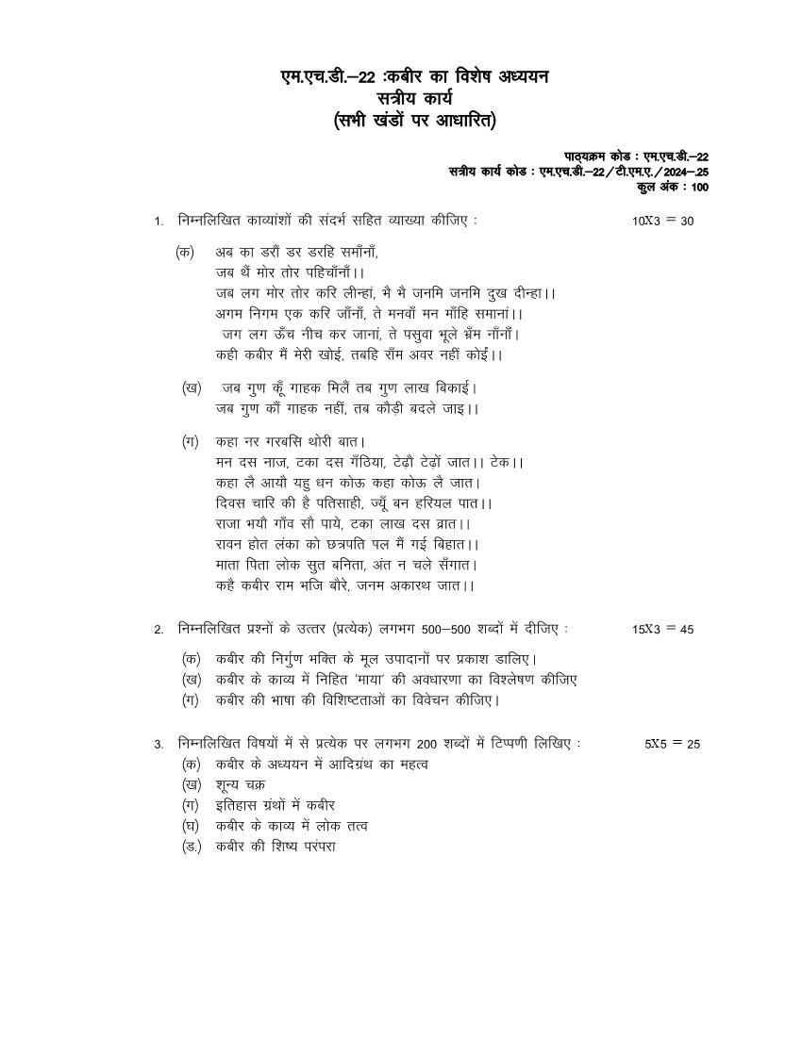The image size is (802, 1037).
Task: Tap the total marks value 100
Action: tap(699, 188)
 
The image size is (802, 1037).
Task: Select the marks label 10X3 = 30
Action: tap(662, 222)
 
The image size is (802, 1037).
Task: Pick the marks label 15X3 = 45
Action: tap(662, 630)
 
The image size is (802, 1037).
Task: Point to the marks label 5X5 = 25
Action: tap(672, 744)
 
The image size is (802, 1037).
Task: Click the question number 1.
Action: tap(159, 222)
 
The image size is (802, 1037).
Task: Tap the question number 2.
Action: tap(159, 630)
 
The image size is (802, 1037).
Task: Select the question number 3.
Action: tap(159, 744)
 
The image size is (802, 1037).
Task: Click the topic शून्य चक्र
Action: tap(241, 784)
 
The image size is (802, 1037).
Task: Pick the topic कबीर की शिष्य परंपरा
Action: tap(276, 847)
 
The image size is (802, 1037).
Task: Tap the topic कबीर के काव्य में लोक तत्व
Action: tap(292, 826)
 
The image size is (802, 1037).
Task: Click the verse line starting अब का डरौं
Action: tap(297, 252)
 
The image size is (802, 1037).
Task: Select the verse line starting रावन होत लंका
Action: tap(347, 544)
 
